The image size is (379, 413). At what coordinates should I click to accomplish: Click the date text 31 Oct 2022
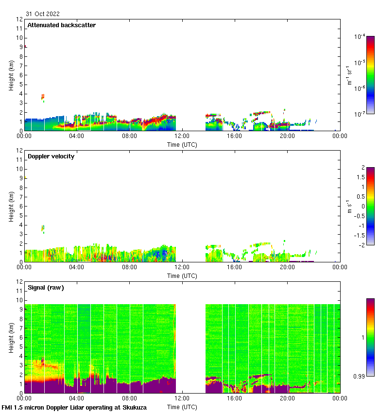[x=43, y=14]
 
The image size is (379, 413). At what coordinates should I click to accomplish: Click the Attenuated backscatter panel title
[x=61, y=25]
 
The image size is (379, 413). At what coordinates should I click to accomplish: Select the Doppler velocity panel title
[x=51, y=156]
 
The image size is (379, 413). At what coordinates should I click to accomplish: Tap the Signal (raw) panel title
[x=46, y=288]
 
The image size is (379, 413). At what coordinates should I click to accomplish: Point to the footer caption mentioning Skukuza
[x=74, y=408]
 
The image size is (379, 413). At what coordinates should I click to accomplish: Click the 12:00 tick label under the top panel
[x=182, y=136]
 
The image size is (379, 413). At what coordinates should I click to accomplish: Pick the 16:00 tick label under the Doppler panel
[x=235, y=267]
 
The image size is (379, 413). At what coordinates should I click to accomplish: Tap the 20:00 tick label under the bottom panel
[x=287, y=398]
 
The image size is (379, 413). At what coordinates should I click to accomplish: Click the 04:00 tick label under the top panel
[x=77, y=136]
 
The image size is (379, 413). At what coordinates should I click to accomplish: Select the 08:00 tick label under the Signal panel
[x=130, y=398]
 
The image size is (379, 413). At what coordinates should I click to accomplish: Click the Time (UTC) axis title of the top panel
[x=182, y=144]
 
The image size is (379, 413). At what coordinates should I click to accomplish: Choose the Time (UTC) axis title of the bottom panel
[x=182, y=407]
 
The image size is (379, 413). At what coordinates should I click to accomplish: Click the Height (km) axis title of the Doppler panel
[x=11, y=206]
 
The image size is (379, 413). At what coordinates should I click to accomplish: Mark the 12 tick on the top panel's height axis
[x=20, y=19]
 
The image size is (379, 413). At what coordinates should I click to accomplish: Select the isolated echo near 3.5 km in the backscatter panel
[x=43, y=97]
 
